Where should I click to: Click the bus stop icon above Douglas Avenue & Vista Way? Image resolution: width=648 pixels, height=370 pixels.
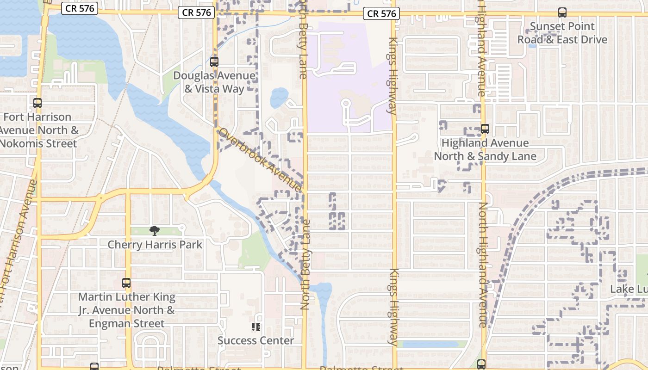[x=214, y=62]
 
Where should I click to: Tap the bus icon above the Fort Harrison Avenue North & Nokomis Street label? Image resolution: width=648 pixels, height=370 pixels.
[x=37, y=103]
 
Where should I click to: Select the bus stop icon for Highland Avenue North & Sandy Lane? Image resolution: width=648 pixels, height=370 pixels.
[x=485, y=129]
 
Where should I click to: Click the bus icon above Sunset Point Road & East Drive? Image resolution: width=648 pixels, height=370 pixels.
[x=562, y=12]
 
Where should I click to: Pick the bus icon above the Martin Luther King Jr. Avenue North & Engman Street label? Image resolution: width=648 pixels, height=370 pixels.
[x=126, y=283]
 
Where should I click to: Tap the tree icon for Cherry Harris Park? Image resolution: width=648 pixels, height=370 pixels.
[x=155, y=230]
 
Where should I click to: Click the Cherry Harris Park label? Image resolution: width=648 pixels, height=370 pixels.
[x=155, y=244]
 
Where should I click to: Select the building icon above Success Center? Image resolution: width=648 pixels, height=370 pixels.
[x=255, y=327]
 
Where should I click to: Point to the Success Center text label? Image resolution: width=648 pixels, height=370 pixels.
[x=255, y=340]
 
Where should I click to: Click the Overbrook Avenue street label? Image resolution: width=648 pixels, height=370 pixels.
[x=260, y=160]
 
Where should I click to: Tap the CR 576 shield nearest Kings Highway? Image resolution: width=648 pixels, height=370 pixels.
[x=381, y=13]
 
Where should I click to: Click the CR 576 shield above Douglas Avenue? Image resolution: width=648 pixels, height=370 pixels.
[x=197, y=12]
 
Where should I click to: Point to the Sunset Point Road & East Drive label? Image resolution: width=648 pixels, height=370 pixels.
[x=562, y=33]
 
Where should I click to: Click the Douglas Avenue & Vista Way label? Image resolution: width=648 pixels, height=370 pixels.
[x=214, y=82]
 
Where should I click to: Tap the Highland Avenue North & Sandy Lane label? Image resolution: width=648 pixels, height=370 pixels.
[x=485, y=149]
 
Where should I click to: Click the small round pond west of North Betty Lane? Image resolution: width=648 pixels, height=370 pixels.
[x=279, y=97]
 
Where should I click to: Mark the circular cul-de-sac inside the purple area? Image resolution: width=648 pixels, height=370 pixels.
[x=345, y=104]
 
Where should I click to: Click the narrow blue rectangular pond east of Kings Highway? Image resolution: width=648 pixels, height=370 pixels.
[x=432, y=344]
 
